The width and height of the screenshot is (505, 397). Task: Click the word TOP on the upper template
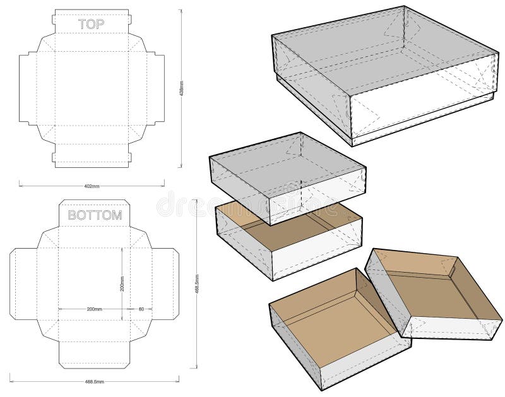(x=92, y=24)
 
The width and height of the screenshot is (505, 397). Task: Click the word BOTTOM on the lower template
(x=95, y=215)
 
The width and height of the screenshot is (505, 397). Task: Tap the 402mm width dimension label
(x=92, y=186)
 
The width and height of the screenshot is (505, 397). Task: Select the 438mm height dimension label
(x=182, y=88)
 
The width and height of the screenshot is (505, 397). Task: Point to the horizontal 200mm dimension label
(x=94, y=309)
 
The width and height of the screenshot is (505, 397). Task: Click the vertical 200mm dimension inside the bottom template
(x=122, y=283)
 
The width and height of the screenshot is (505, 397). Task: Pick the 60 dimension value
(x=141, y=309)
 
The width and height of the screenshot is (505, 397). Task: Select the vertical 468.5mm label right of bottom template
(x=198, y=284)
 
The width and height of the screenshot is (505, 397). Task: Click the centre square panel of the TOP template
(x=92, y=88)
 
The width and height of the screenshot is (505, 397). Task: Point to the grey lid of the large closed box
(x=379, y=50)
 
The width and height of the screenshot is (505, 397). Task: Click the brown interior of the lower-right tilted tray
(x=436, y=290)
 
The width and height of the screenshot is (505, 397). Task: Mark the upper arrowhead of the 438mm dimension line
(x=182, y=11)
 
